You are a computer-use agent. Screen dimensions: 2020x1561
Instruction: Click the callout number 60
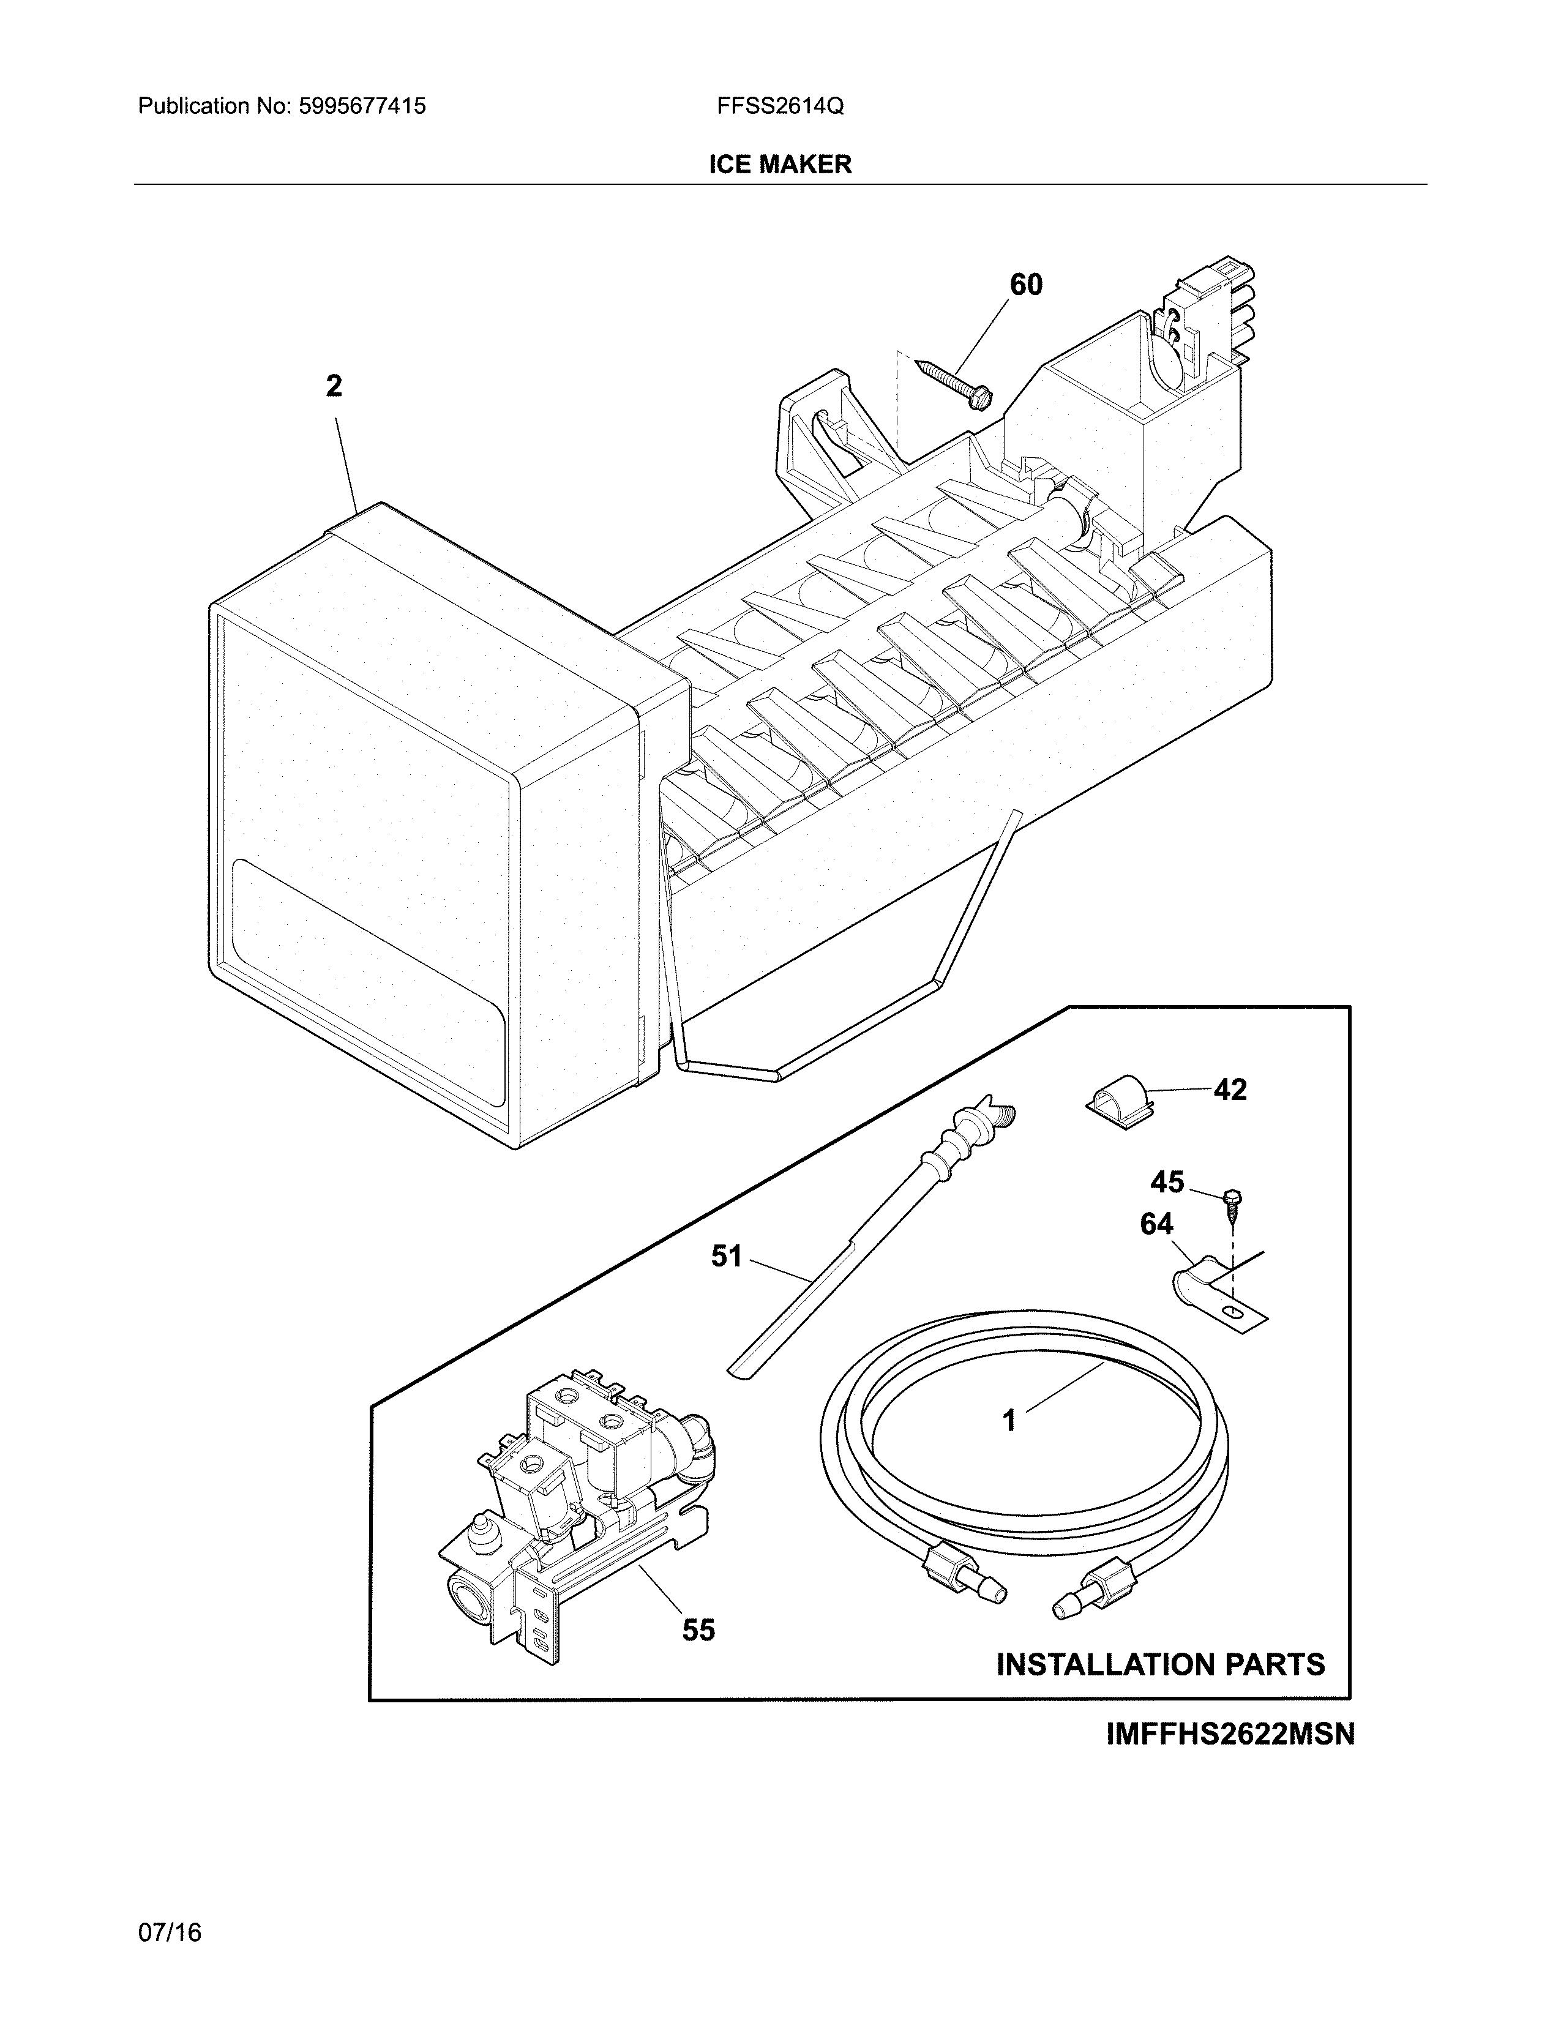(1025, 285)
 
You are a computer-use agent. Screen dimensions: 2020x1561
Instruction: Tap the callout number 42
(1230, 1090)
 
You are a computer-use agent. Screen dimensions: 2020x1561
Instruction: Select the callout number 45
(1167, 1181)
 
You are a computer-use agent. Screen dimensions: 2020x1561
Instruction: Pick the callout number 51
(727, 1256)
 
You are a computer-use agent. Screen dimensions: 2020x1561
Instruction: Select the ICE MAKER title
(779, 165)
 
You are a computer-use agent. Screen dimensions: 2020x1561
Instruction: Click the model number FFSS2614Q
(779, 107)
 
